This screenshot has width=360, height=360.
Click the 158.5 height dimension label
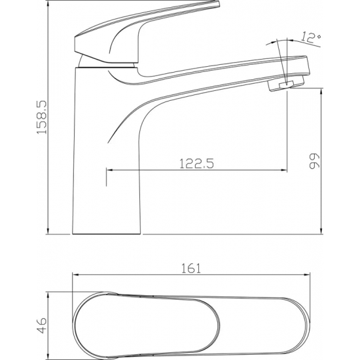point(42,117)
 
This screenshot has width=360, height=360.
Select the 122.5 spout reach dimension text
point(196,164)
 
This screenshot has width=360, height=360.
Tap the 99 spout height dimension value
point(314,161)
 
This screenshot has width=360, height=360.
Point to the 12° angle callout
point(311,37)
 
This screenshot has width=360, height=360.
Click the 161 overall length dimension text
point(191,268)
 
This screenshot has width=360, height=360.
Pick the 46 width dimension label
point(42,325)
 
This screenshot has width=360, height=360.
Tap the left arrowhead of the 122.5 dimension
point(110,170)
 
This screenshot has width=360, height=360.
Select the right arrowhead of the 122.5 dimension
point(284,170)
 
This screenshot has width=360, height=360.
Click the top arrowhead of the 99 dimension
point(321,91)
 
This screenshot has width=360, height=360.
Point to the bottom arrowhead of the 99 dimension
point(321,231)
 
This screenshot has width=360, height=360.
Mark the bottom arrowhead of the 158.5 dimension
point(48,231)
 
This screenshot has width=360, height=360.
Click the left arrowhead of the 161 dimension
point(76,274)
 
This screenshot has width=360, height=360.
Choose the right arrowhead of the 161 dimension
point(307,274)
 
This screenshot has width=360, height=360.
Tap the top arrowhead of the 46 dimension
point(48,295)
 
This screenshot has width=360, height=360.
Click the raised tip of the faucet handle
point(217,3)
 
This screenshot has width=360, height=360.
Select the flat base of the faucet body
point(106,234)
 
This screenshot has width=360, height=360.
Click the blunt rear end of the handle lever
point(75,44)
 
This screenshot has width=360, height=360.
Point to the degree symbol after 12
point(318,36)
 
